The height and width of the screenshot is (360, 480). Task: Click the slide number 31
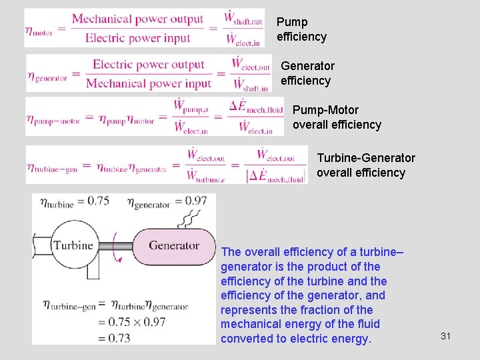(445, 336)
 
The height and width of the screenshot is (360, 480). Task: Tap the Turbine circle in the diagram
(73, 245)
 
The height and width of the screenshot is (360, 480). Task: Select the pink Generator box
(174, 245)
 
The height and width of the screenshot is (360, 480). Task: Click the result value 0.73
(115, 337)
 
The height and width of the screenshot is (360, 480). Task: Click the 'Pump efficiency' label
(301, 29)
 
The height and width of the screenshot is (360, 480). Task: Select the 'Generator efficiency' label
(307, 73)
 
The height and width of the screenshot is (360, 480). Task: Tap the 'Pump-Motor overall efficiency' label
(337, 117)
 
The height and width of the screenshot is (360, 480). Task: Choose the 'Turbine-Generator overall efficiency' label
(365, 165)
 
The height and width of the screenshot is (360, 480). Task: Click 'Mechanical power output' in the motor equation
(137, 19)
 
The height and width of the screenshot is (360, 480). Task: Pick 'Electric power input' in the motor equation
(138, 38)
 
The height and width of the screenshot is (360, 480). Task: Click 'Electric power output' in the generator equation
(148, 65)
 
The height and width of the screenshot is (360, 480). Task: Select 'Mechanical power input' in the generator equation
(148, 83)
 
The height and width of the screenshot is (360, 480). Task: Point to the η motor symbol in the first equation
(39, 29)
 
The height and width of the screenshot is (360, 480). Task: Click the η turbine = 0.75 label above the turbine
(74, 201)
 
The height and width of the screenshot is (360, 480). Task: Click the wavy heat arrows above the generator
(193, 217)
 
